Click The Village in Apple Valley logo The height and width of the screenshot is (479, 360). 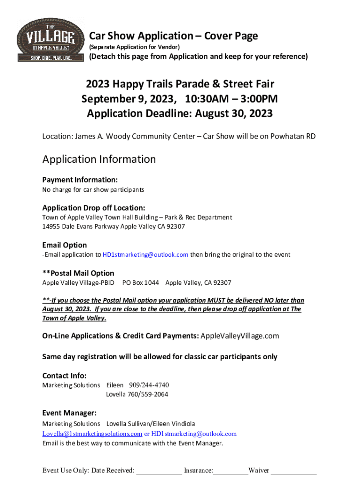[46, 41]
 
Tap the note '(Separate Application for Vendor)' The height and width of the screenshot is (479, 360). [134, 47]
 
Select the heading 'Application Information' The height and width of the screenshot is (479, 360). [99, 159]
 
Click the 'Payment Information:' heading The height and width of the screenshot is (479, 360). [80, 180]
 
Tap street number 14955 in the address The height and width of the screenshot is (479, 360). [52, 226]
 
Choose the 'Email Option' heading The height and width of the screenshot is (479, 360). [65, 245]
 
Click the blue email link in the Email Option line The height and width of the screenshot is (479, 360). [145, 255]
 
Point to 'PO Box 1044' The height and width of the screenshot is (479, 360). [140, 283]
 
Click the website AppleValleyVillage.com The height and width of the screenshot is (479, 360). [240, 336]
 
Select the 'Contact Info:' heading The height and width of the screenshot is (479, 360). [65, 376]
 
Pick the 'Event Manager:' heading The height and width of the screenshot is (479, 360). [70, 413]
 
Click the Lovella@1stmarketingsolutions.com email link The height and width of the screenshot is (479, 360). [92, 434]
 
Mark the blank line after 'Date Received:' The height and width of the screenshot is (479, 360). [158, 471]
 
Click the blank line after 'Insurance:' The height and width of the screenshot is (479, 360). [230, 471]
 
